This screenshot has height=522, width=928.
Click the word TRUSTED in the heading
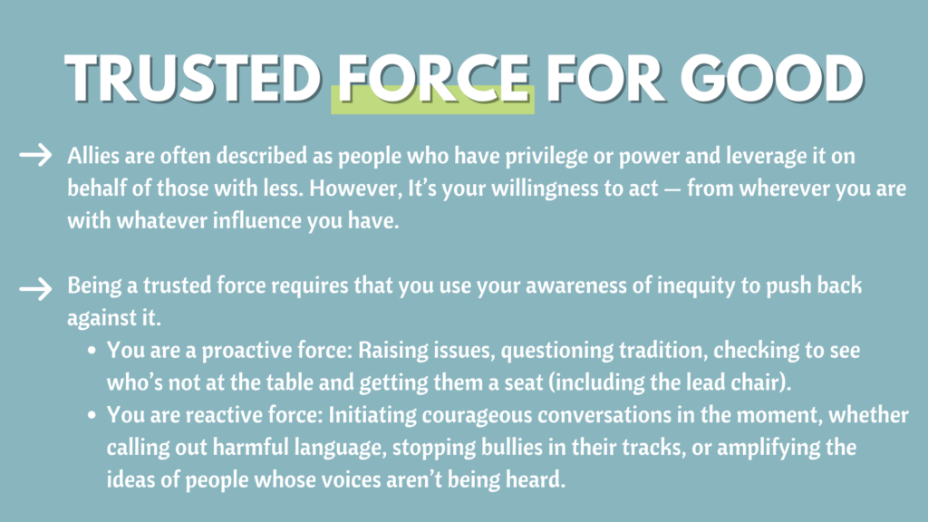(194, 79)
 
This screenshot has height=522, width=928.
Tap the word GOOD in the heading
(772, 79)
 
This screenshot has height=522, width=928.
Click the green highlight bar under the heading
(432, 100)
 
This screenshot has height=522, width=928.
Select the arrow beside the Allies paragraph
(35, 155)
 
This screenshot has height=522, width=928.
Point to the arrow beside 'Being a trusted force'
(35, 289)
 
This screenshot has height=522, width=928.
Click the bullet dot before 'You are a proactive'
(92, 351)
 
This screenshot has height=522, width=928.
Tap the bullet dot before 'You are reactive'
(92, 415)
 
